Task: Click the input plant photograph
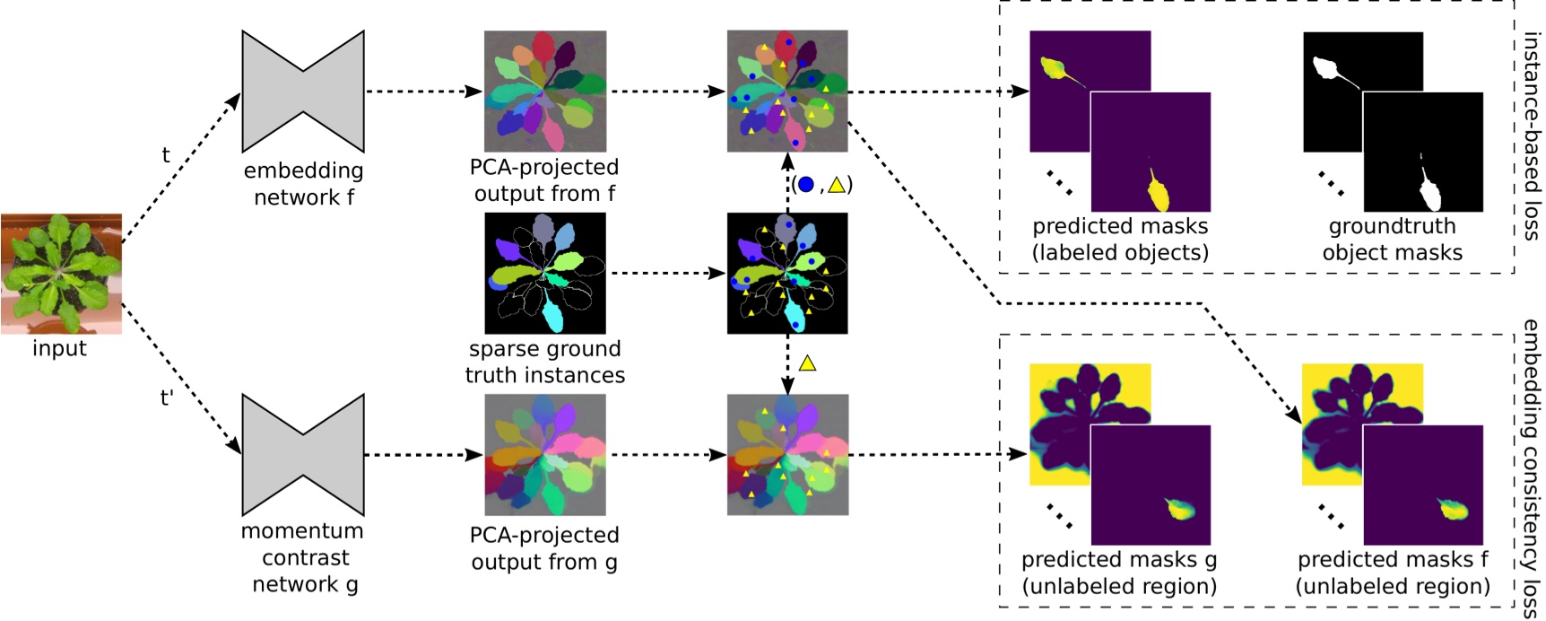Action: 61,273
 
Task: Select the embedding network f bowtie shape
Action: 303,92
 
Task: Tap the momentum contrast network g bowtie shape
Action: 303,455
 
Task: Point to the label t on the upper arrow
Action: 166,155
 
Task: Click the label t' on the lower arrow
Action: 167,397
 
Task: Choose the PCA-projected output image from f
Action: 545,91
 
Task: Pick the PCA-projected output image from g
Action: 545,455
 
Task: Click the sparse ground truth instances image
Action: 545,273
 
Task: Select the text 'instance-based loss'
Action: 1532,136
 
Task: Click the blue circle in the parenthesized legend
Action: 805,185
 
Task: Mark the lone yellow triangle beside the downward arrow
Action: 807,363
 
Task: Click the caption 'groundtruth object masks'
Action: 1392,240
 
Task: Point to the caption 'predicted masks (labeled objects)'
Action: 1120,240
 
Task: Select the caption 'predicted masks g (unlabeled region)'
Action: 1119,573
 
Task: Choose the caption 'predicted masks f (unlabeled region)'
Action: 1393,573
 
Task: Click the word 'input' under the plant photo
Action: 59,348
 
